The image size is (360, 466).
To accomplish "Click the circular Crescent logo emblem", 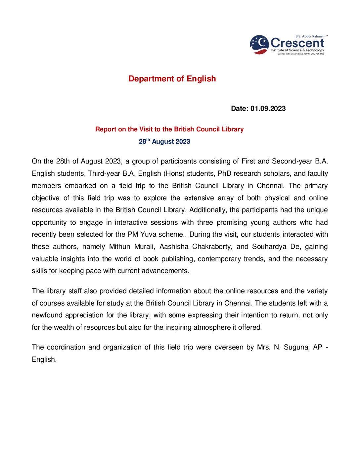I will [x=259, y=45].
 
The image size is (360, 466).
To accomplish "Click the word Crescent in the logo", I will [x=297, y=43].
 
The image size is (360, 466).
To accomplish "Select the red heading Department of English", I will [x=172, y=79].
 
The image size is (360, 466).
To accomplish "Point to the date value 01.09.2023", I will [x=268, y=109].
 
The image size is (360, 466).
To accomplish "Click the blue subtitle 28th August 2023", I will [x=164, y=141].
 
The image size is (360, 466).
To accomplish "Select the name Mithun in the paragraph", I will [x=120, y=247].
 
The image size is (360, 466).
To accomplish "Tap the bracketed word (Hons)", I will [x=174, y=173].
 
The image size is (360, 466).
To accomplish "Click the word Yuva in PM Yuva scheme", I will [x=148, y=234].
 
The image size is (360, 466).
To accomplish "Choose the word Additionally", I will [x=207, y=210].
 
